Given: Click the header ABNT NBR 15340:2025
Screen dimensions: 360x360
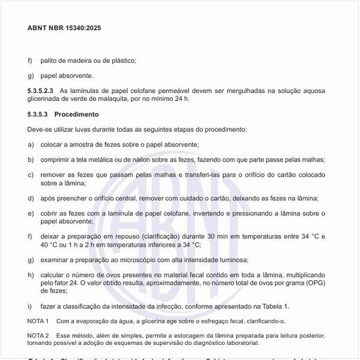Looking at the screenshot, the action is pos(64,28).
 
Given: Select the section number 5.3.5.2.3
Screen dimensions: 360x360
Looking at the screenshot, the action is pos(41,90).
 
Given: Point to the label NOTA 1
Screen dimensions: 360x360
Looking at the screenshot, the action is pos(38,321).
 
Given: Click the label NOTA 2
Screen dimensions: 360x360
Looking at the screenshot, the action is pos(38,334).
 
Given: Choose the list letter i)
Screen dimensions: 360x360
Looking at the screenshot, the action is pos(30,306).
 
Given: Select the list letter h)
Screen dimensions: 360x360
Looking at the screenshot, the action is pos(31,274).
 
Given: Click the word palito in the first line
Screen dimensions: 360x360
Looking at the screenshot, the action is pos(49,60).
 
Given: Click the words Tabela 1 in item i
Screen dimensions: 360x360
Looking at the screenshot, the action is pos(274,306).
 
